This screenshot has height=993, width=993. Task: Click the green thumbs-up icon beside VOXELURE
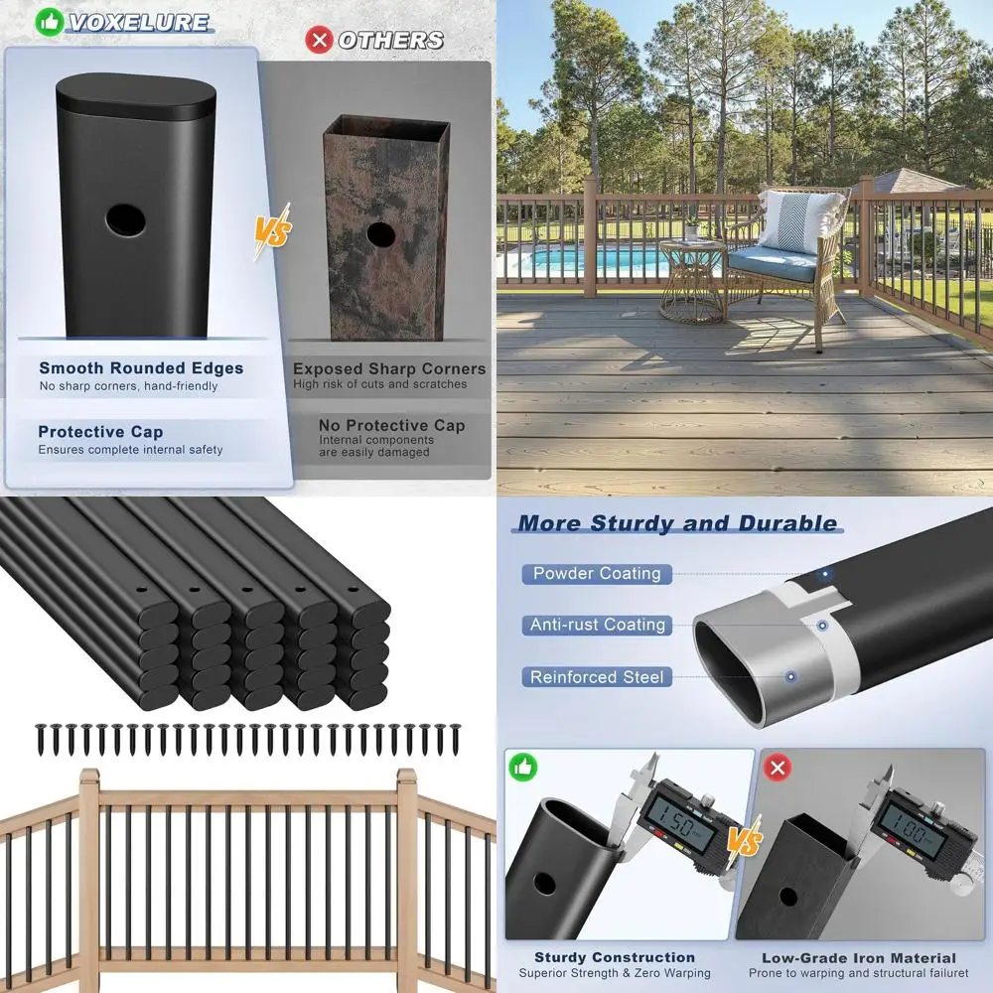click(x=49, y=22)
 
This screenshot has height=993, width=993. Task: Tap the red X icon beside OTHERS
click(x=319, y=40)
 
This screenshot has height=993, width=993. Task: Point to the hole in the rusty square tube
click(x=378, y=235)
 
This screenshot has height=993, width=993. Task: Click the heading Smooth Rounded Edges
click(x=141, y=368)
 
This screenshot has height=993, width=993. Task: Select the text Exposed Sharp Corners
click(x=389, y=368)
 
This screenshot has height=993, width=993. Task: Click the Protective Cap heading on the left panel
click(x=100, y=432)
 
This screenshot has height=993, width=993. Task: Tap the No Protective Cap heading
click(x=391, y=425)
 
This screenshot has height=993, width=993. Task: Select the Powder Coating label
click(x=597, y=574)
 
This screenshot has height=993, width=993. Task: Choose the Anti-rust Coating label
click(x=597, y=625)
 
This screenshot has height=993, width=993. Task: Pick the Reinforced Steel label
click(x=597, y=677)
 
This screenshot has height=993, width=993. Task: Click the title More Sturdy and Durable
click(x=677, y=523)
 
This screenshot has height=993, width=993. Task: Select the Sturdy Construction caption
click(x=615, y=957)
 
